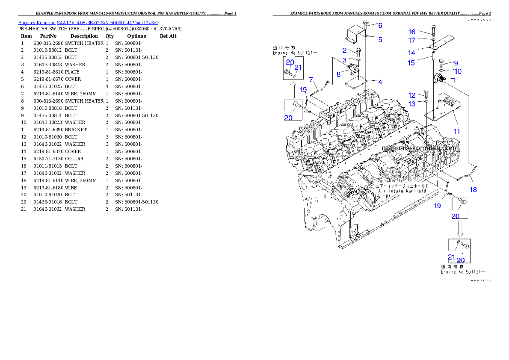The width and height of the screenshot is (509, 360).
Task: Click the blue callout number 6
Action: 380,26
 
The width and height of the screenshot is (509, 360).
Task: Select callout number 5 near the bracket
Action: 380,40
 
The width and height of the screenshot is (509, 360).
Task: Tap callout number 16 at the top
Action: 411,32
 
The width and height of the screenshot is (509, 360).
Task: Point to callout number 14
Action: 411,53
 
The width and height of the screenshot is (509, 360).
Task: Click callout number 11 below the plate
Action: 457,131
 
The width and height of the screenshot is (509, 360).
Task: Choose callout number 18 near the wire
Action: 474,189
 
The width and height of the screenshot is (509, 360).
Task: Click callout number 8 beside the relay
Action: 338,74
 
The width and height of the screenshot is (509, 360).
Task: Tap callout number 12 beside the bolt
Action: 411,95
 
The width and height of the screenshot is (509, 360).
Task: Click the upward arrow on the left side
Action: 293,90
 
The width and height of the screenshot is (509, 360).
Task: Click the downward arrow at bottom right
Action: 460,229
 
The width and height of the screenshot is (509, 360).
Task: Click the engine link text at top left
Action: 88,22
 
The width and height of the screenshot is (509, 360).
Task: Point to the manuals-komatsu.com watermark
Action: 419,148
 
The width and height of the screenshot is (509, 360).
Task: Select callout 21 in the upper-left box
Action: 298,68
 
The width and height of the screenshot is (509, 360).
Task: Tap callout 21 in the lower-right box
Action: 451,257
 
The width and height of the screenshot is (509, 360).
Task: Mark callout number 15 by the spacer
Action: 411,63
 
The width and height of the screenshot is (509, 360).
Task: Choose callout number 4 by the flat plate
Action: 380,82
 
